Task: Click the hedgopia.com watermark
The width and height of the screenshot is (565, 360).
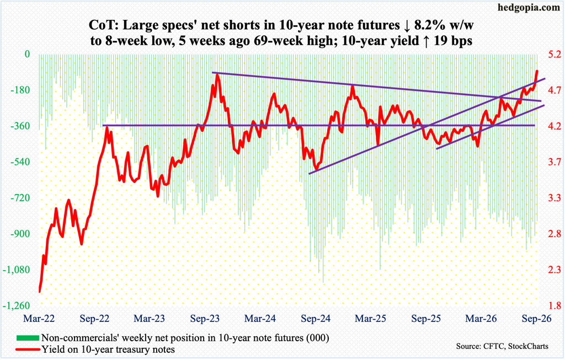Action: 529,8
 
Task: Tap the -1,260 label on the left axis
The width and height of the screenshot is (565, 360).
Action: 16,305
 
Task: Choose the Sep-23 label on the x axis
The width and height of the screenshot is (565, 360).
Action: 205,319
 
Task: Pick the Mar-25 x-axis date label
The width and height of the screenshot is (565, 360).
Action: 370,319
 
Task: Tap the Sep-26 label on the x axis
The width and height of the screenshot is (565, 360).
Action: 536,319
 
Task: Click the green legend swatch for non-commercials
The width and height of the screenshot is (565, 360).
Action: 28,338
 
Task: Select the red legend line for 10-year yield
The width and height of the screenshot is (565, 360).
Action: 28,349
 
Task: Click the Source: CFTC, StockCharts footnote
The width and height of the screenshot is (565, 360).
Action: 502,346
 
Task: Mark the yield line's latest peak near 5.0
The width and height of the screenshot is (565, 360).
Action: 537,71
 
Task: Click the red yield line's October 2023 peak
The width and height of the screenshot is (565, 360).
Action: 217,74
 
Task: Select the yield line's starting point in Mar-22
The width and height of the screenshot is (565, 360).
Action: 39,292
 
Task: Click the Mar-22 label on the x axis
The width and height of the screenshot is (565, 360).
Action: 39,319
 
